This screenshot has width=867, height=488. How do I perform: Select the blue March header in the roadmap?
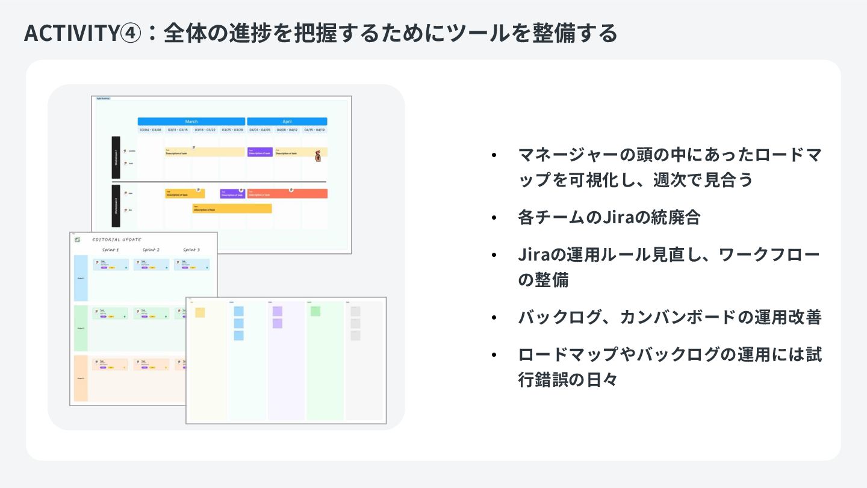pyautogui.click(x=191, y=121)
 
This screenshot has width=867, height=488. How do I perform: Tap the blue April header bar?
pyautogui.click(x=287, y=121)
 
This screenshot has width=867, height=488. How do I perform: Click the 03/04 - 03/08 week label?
pyautogui.click(x=151, y=130)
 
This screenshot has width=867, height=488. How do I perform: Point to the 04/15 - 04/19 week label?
pyautogui.click(x=314, y=130)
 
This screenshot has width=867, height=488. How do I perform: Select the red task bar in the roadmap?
pyautogui.click(x=287, y=194)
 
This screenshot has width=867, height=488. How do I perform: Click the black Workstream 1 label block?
pyautogui.click(x=116, y=157)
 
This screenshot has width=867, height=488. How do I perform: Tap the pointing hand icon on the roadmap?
pyautogui.click(x=318, y=157)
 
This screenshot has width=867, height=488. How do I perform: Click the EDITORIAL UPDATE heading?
pyautogui.click(x=117, y=239)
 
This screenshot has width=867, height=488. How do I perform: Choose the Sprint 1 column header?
pyautogui.click(x=110, y=250)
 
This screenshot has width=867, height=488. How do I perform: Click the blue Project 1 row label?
pyautogui.click(x=81, y=278)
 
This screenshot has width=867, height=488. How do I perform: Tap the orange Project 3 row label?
pyautogui.click(x=81, y=378)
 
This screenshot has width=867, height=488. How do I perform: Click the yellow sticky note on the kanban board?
pyautogui.click(x=200, y=312)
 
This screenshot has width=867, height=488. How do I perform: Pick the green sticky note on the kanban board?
pyautogui.click(x=315, y=310)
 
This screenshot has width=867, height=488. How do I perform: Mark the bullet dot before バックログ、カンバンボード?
pyautogui.click(x=494, y=317)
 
